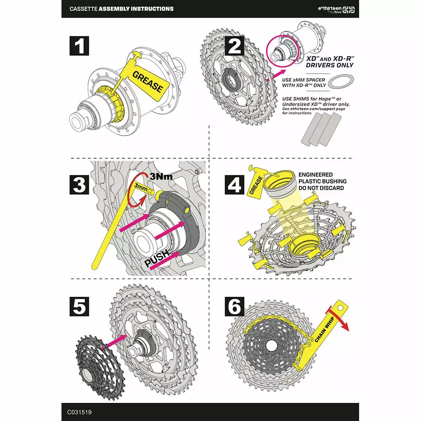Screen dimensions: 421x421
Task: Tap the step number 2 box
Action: click(x=234, y=46)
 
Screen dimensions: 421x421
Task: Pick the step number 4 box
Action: click(x=234, y=185)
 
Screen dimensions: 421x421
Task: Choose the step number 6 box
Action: click(x=234, y=306)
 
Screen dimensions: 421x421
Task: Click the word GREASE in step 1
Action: click(x=147, y=82)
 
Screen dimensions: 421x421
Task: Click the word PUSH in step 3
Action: click(x=157, y=258)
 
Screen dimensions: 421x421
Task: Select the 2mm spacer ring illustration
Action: click(x=340, y=81)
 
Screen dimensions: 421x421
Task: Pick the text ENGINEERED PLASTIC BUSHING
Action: click(x=322, y=178)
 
